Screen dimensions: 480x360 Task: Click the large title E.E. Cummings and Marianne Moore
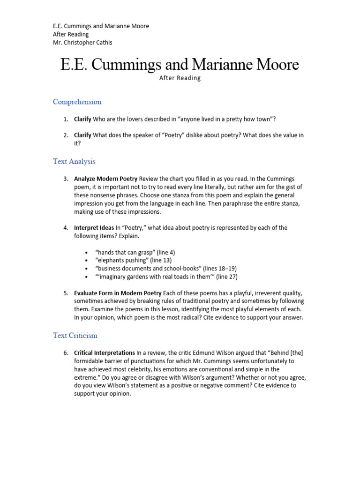(x=180, y=64)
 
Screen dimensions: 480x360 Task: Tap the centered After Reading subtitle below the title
(x=180, y=78)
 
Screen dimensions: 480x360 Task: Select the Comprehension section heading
(x=77, y=102)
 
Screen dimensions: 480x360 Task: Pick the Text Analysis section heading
(x=74, y=161)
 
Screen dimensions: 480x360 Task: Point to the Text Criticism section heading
(x=75, y=336)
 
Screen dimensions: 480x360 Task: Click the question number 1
(x=66, y=120)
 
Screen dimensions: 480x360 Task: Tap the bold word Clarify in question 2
(x=82, y=135)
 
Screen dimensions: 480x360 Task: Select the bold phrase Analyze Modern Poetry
(x=105, y=179)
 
